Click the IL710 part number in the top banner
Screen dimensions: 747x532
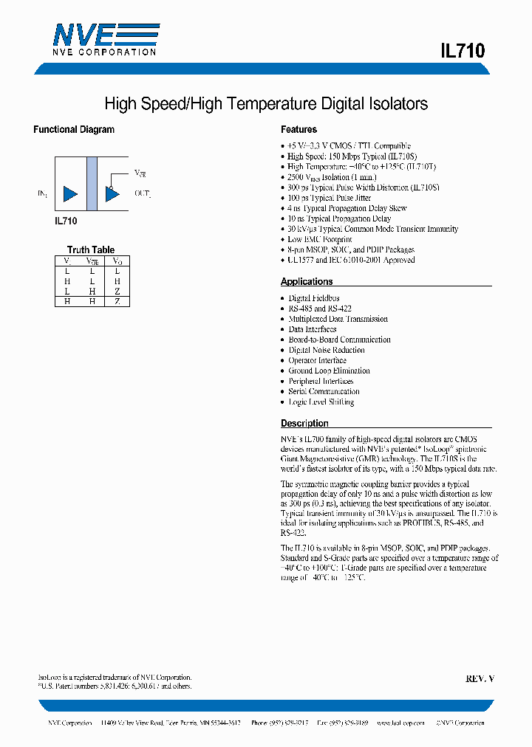coord(462,51)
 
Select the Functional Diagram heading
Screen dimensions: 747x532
coord(74,130)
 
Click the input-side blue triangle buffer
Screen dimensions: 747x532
coord(70,194)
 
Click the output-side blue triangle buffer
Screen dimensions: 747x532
coord(112,194)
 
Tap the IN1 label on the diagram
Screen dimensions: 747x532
coord(43,194)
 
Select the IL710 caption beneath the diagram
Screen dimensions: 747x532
coord(66,220)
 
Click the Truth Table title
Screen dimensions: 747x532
coord(91,249)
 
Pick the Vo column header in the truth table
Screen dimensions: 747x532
coord(117,261)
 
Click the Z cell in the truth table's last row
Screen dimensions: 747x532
coord(117,301)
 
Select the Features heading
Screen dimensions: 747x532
coord(299,130)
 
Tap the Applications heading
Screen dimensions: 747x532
coord(307,282)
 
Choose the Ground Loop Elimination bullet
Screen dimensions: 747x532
coord(329,371)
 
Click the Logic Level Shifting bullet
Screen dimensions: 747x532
coord(321,402)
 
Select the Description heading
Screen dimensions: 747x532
coord(304,424)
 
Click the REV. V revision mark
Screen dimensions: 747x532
coord(480,678)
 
